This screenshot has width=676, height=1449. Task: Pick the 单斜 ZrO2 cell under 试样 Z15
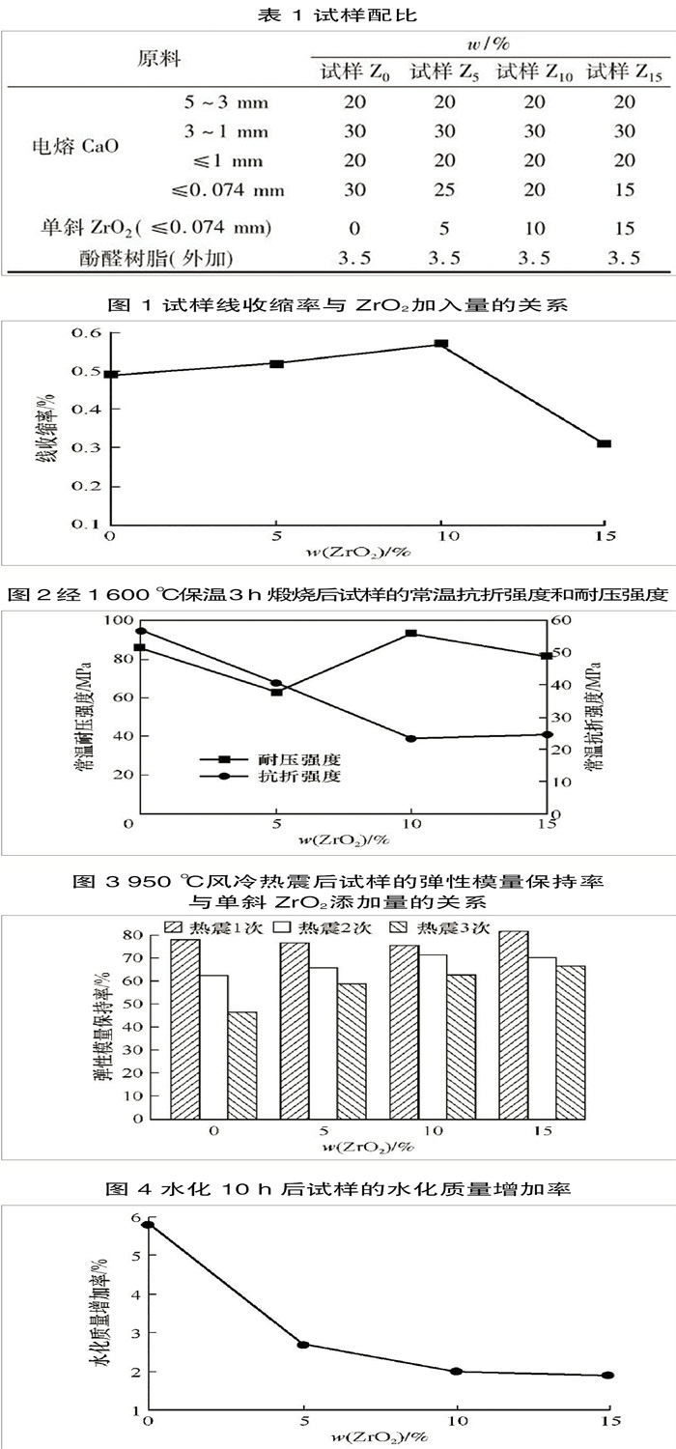tap(623, 229)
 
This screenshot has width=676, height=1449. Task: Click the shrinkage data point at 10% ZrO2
tap(441, 344)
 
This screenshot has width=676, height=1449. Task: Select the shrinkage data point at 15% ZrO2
tap(604, 443)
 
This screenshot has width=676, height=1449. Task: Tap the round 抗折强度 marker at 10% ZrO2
tap(411, 739)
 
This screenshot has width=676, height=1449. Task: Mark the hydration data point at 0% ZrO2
tap(148, 1225)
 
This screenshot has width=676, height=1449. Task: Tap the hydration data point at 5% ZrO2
tap(302, 1344)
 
